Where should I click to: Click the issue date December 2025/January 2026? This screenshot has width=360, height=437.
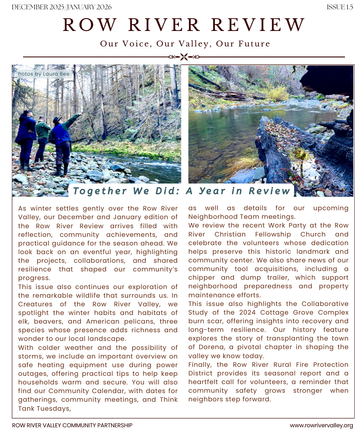click(x=62, y=7)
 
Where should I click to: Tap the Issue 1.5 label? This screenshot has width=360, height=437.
click(x=339, y=7)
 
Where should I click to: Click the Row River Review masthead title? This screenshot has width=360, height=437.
click(x=184, y=25)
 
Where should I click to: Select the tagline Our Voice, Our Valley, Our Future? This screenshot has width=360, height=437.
click(x=185, y=44)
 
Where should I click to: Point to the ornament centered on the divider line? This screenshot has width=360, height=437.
click(x=184, y=57)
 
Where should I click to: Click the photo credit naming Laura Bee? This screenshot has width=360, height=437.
click(x=44, y=74)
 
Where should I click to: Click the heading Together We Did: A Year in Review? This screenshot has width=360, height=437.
click(x=181, y=191)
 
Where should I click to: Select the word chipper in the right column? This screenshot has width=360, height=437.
click(x=203, y=278)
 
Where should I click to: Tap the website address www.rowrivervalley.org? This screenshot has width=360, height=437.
click(x=321, y=425)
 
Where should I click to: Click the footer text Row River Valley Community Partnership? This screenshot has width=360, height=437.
click(x=72, y=425)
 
